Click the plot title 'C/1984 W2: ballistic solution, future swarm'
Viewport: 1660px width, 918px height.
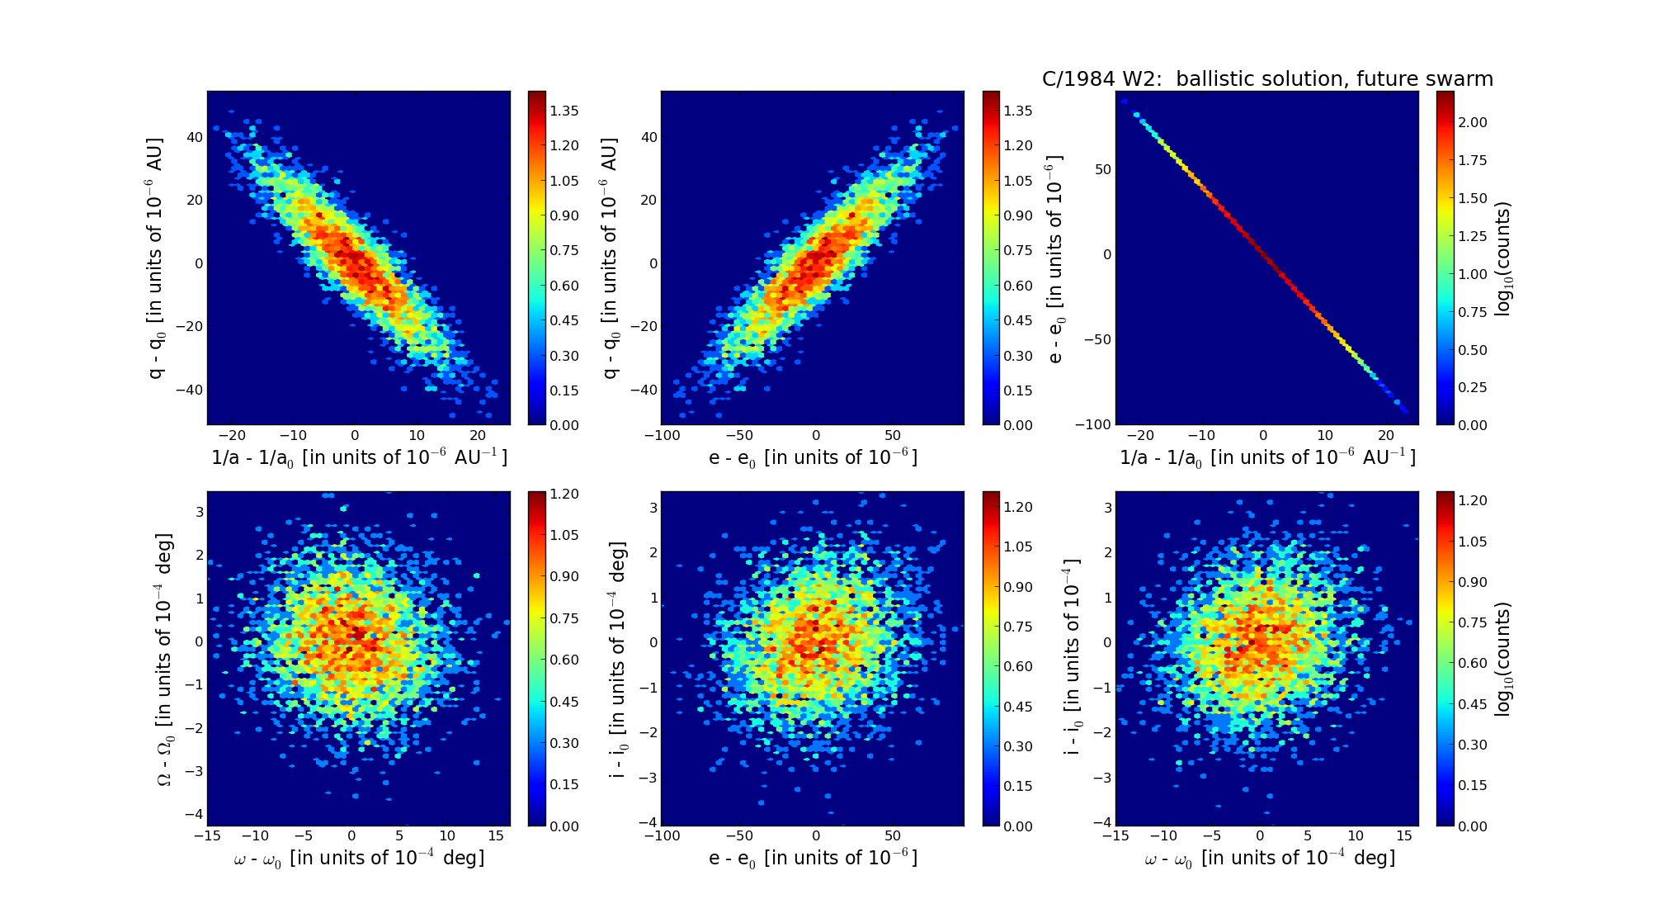click(x=1267, y=79)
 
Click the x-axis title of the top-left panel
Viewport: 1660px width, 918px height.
click(x=359, y=458)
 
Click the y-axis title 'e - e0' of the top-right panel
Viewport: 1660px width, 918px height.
click(x=1056, y=258)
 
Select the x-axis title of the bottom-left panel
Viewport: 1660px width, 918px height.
click(x=359, y=859)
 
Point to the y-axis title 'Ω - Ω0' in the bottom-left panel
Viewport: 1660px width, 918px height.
click(x=165, y=659)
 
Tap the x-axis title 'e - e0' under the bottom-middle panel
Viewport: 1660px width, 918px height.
click(x=813, y=859)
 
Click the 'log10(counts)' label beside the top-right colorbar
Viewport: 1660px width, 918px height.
click(x=1503, y=258)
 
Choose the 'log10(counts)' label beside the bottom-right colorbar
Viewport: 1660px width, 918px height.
click(x=1503, y=659)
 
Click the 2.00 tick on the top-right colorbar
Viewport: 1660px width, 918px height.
click(x=1473, y=122)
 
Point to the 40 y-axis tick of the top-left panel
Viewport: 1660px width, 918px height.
click(x=195, y=137)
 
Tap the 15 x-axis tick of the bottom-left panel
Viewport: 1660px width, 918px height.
click(x=496, y=835)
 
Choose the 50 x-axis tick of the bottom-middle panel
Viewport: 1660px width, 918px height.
click(x=893, y=835)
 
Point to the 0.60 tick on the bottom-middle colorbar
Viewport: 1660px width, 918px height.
click(x=1019, y=667)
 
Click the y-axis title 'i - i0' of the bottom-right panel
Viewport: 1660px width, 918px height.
click(x=1071, y=659)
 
